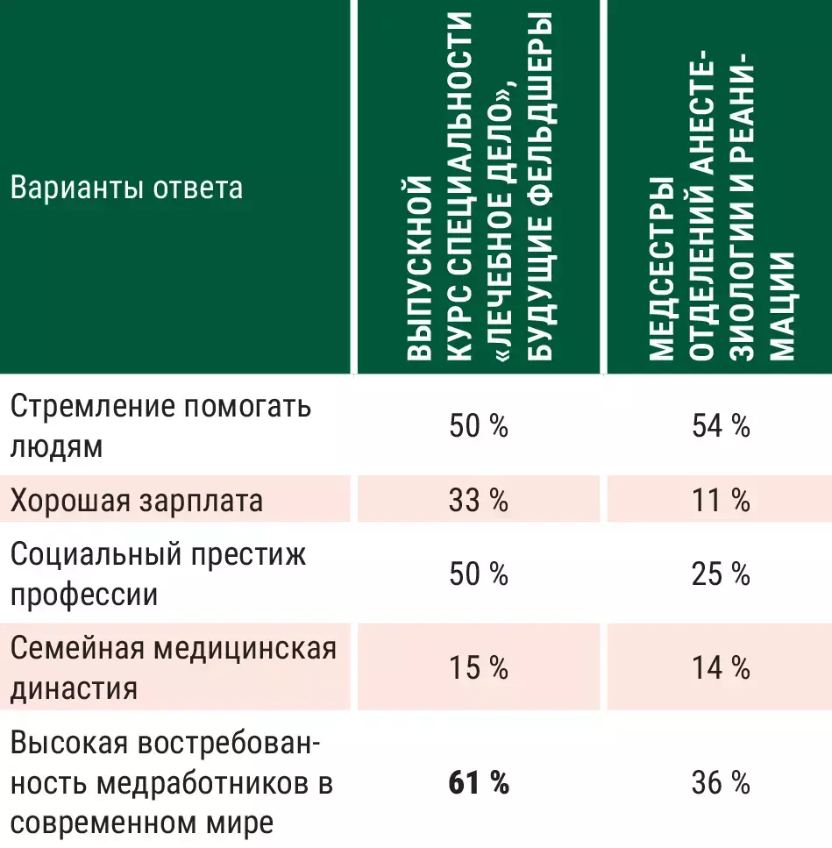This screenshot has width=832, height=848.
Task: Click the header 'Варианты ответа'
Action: pyautogui.click(x=126, y=189)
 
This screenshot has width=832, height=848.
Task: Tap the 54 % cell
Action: pyautogui.click(x=719, y=427)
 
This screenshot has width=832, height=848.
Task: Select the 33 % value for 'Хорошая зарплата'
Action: pyautogui.click(x=478, y=501)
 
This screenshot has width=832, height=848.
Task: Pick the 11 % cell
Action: pyautogui.click(x=719, y=501)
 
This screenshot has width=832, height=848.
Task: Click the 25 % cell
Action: pyautogui.click(x=719, y=575)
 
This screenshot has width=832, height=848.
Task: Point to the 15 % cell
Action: pyautogui.click(x=478, y=669)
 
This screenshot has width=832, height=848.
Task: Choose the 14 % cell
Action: pyautogui.click(x=719, y=669)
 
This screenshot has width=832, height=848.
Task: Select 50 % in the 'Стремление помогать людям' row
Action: pyautogui.click(x=478, y=427)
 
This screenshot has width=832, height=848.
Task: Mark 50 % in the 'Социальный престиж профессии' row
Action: pyautogui.click(x=478, y=575)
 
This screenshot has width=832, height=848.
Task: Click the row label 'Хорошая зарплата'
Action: pyautogui.click(x=137, y=501)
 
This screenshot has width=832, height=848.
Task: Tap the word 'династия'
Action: pyautogui.click(x=74, y=689)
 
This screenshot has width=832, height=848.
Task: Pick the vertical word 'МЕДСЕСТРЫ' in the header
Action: pyautogui.click(x=662, y=267)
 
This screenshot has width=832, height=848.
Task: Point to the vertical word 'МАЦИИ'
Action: pyautogui.click(x=783, y=307)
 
